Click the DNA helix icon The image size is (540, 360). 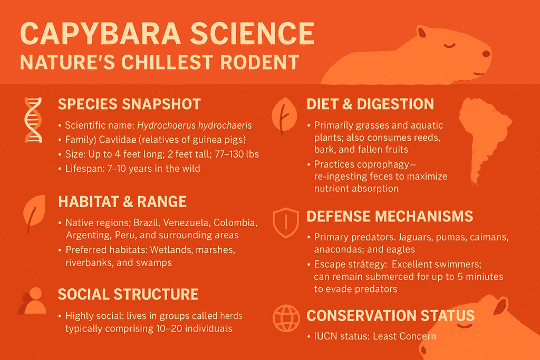coord(33,121)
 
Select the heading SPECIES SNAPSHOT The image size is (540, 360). coord(130,103)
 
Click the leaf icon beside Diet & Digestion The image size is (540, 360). coord(283,115)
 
